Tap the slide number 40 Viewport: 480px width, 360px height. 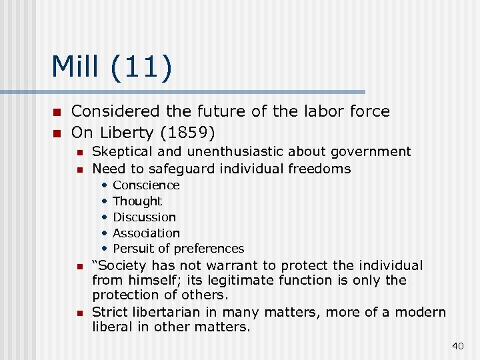coord(457,345)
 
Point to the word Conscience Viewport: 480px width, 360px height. coord(146,185)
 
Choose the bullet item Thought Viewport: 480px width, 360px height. coord(137,201)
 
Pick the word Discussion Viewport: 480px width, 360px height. coord(144,217)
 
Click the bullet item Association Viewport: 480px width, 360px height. coord(146,233)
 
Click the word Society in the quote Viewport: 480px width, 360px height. coord(125,265)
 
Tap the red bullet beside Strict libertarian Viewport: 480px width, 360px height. coord(79,313)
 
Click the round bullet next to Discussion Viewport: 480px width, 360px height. coord(105,217)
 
